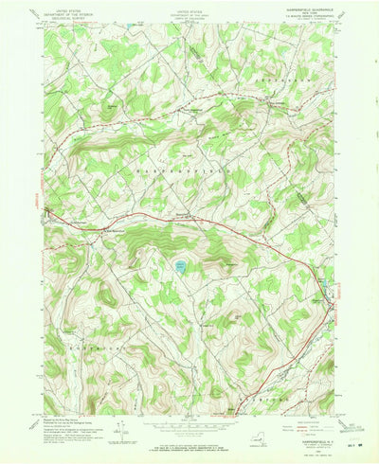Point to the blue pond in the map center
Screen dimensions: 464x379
pos(178,268)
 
